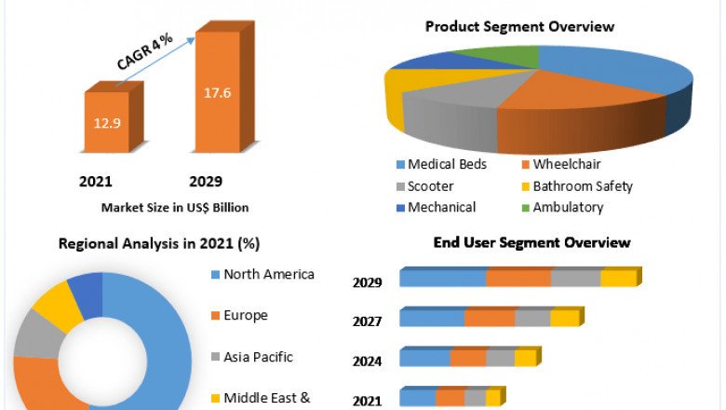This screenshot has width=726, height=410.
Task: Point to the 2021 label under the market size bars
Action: [x=98, y=181]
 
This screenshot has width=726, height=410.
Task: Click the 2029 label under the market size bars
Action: [x=206, y=181]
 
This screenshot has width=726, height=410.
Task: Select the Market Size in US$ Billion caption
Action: [x=175, y=207]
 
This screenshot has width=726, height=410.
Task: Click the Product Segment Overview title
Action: [x=519, y=26]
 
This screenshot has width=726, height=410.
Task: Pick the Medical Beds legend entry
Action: [x=442, y=165]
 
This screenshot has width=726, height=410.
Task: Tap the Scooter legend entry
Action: [x=430, y=186]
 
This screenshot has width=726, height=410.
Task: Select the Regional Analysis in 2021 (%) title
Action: [x=159, y=243]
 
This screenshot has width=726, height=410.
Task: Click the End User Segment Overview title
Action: [x=531, y=243]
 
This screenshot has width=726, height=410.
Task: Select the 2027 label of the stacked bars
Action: [x=367, y=322]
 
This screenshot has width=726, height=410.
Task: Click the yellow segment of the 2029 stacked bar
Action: [x=618, y=278]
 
